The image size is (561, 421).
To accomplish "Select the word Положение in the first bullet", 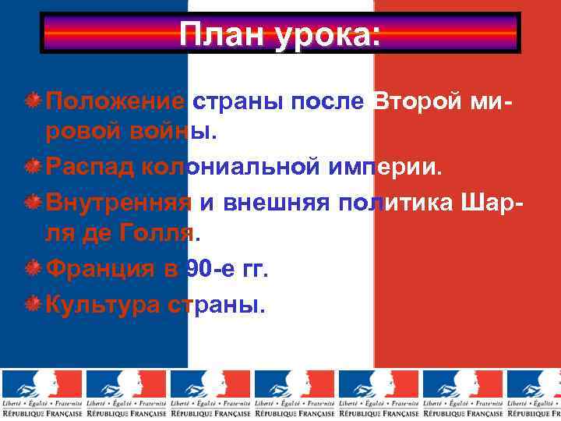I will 115,101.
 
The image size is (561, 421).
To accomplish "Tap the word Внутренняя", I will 118,203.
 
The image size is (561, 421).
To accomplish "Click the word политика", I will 397,203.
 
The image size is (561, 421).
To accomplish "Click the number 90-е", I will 210,270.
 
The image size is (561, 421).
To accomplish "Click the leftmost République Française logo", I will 42,393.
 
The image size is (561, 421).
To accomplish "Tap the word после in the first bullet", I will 332,101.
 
